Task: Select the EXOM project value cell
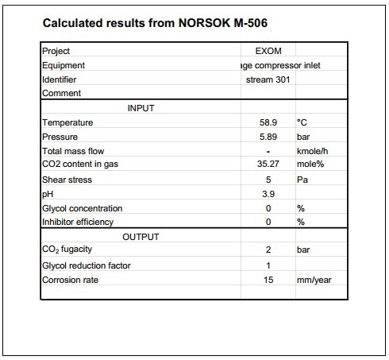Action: point(268,52)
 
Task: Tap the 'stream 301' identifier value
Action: point(268,79)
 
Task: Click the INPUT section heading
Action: point(141,108)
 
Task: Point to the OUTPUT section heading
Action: point(141,237)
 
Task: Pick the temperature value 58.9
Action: point(268,122)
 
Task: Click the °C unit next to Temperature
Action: point(302,122)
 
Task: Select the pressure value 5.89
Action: point(268,137)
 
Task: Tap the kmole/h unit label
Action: point(311,151)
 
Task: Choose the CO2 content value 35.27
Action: point(268,165)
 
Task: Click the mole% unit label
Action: point(310,165)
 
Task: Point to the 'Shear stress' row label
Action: point(67,180)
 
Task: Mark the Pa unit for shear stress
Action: point(302,180)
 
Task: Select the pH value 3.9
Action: point(268,194)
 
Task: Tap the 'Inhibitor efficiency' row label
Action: point(78,222)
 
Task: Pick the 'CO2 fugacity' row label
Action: point(67,250)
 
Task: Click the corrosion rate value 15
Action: point(268,280)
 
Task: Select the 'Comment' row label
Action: point(60,94)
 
